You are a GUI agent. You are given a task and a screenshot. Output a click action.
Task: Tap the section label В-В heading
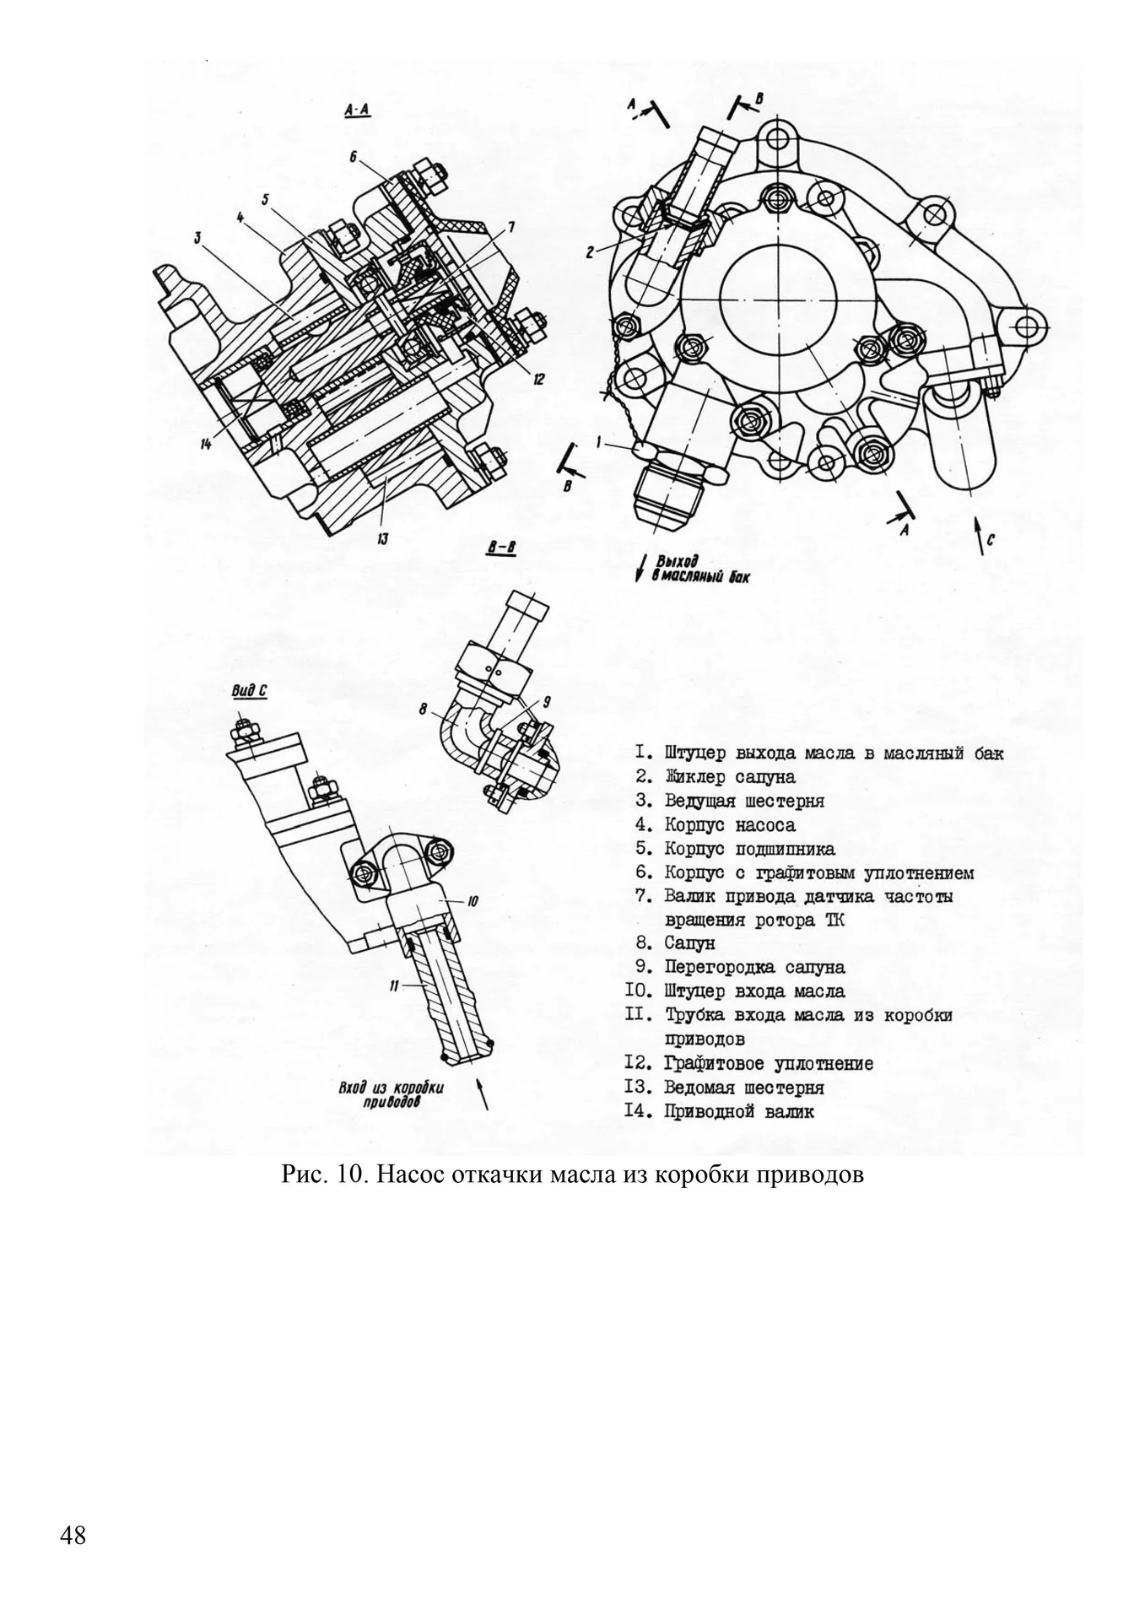coord(501,548)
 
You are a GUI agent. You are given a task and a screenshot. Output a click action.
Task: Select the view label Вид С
coord(249,691)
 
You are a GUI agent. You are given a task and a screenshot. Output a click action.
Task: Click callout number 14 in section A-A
coord(206,444)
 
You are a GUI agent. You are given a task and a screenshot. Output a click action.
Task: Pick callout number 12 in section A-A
coord(539,379)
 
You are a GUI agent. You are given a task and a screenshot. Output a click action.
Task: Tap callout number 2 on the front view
coord(591,251)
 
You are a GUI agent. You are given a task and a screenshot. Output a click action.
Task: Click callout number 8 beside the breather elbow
coord(423,710)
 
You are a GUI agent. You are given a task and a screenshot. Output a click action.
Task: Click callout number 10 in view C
coord(473,902)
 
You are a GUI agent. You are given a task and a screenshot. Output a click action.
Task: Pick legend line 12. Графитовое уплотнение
coord(749,1063)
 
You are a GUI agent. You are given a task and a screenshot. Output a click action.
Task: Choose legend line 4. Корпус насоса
coord(716,824)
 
